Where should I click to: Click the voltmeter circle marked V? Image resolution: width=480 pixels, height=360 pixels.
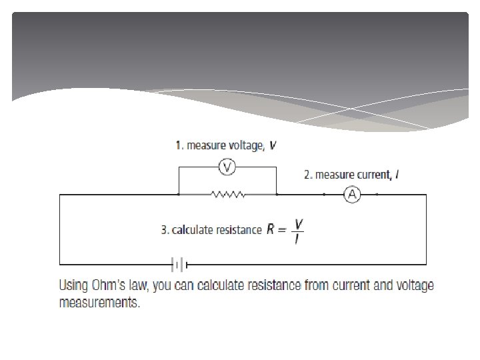(x=227, y=167)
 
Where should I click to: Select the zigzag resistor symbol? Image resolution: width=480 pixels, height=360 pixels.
(x=227, y=195)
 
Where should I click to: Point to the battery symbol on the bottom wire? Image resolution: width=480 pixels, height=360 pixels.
(x=179, y=265)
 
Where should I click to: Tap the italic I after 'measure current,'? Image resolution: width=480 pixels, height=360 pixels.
(x=397, y=175)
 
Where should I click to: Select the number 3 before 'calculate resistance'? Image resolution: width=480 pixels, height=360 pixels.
(x=164, y=230)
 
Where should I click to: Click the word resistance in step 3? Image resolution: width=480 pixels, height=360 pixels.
(x=239, y=230)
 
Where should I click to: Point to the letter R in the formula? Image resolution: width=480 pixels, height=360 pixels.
(x=271, y=230)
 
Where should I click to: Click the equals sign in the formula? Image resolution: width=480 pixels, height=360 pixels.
(x=283, y=231)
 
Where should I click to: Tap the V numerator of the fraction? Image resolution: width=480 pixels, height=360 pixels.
(x=297, y=223)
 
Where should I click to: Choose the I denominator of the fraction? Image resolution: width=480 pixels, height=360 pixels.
(x=297, y=238)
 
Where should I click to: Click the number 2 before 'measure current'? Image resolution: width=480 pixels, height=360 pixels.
(x=307, y=175)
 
